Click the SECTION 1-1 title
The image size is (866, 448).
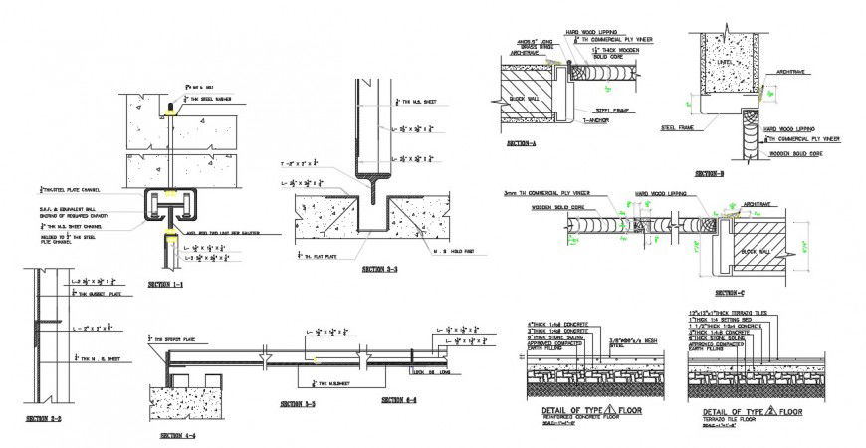pos(166,285)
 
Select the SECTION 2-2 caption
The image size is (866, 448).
pos(44,418)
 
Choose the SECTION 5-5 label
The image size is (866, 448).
pos(298,404)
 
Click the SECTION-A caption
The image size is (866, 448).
pos(521,144)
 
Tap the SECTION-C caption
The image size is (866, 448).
pos(730,293)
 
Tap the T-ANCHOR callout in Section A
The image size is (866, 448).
pos(593,118)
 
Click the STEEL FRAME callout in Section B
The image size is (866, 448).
pos(678,127)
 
